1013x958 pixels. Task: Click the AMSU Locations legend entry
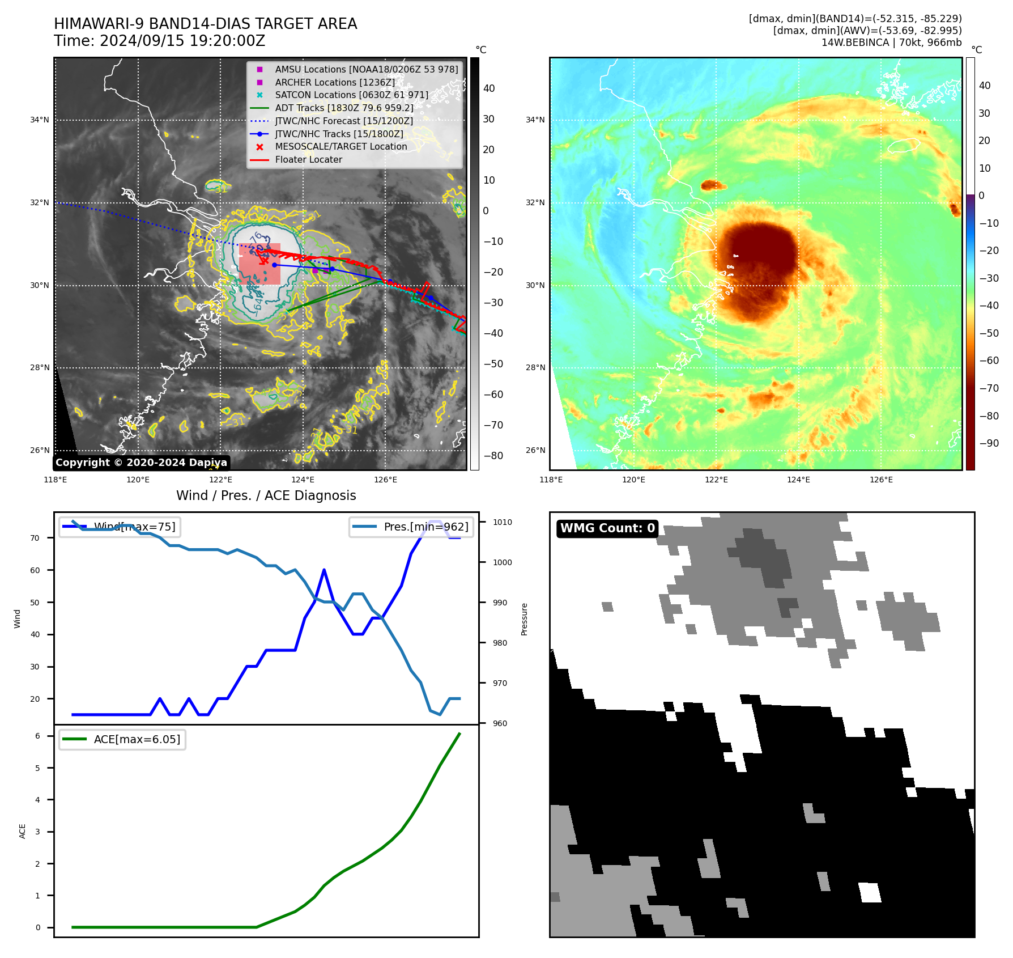[366, 69]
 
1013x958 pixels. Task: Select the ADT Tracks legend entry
[344, 108]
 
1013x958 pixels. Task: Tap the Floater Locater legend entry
[308, 159]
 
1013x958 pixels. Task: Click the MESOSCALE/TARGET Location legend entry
[340, 146]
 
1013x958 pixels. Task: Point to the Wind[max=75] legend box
[120, 527]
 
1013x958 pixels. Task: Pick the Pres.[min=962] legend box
[411, 527]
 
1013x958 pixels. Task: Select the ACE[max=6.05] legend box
[122, 739]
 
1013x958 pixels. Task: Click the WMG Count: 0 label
[607, 528]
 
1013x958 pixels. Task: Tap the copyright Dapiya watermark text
[141, 463]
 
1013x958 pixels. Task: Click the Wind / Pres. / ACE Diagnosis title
[266, 495]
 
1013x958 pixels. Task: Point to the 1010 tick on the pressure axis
[502, 522]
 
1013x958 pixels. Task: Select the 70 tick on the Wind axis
[35, 538]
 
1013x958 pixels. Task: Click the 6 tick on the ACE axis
[37, 736]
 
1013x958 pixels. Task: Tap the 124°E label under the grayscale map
[303, 480]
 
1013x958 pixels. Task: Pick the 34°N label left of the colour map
[535, 120]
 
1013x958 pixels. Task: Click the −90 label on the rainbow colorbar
[989, 443]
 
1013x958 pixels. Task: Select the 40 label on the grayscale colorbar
[488, 88]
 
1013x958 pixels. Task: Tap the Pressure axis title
[524, 619]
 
